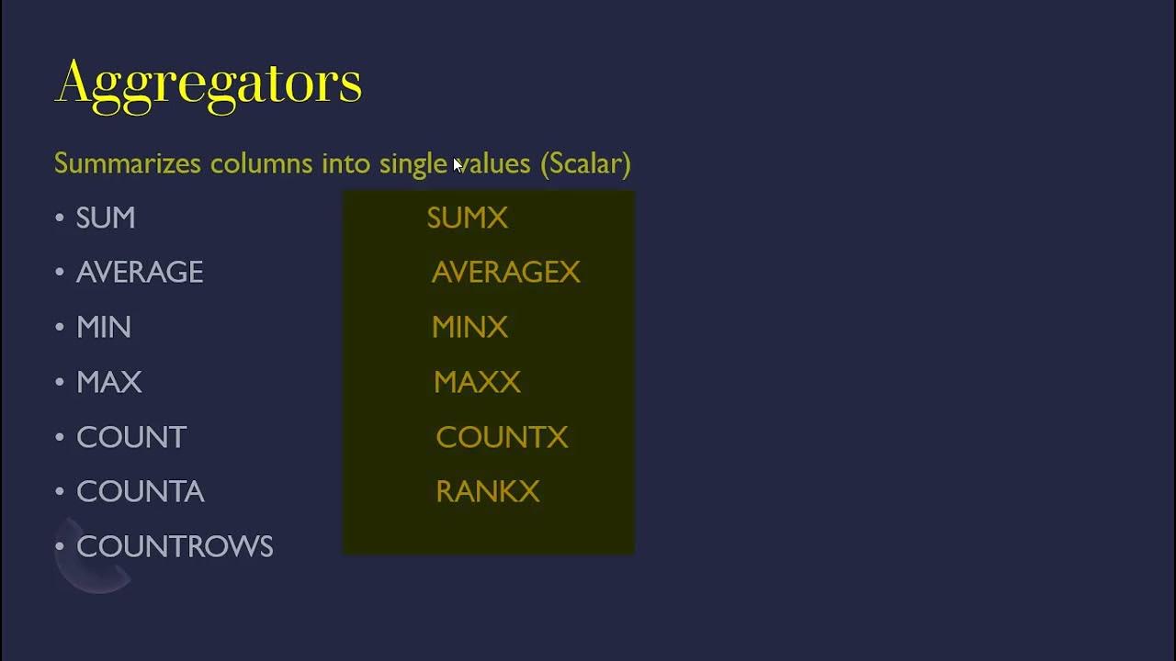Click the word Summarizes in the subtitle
pyautogui.click(x=127, y=163)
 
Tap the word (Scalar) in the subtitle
pyautogui.click(x=585, y=163)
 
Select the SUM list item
pyautogui.click(x=106, y=218)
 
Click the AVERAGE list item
pyautogui.click(x=140, y=273)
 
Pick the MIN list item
pyautogui.click(x=104, y=328)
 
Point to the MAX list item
pyautogui.click(x=109, y=382)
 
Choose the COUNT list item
pyautogui.click(x=131, y=437)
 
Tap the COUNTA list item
pyautogui.click(x=140, y=492)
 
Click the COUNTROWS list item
pyautogui.click(x=175, y=547)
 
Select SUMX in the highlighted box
pyautogui.click(x=467, y=218)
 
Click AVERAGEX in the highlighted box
pyautogui.click(x=505, y=273)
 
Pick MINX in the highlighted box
pyautogui.click(x=469, y=328)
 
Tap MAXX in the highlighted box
pyautogui.click(x=477, y=382)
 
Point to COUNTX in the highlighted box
pyautogui.click(x=502, y=437)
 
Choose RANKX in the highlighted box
pyautogui.click(x=487, y=492)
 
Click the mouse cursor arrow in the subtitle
pyautogui.click(x=457, y=165)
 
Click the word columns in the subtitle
pyautogui.click(x=262, y=163)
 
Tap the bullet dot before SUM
pyautogui.click(x=60, y=218)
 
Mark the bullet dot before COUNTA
pyautogui.click(x=60, y=491)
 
